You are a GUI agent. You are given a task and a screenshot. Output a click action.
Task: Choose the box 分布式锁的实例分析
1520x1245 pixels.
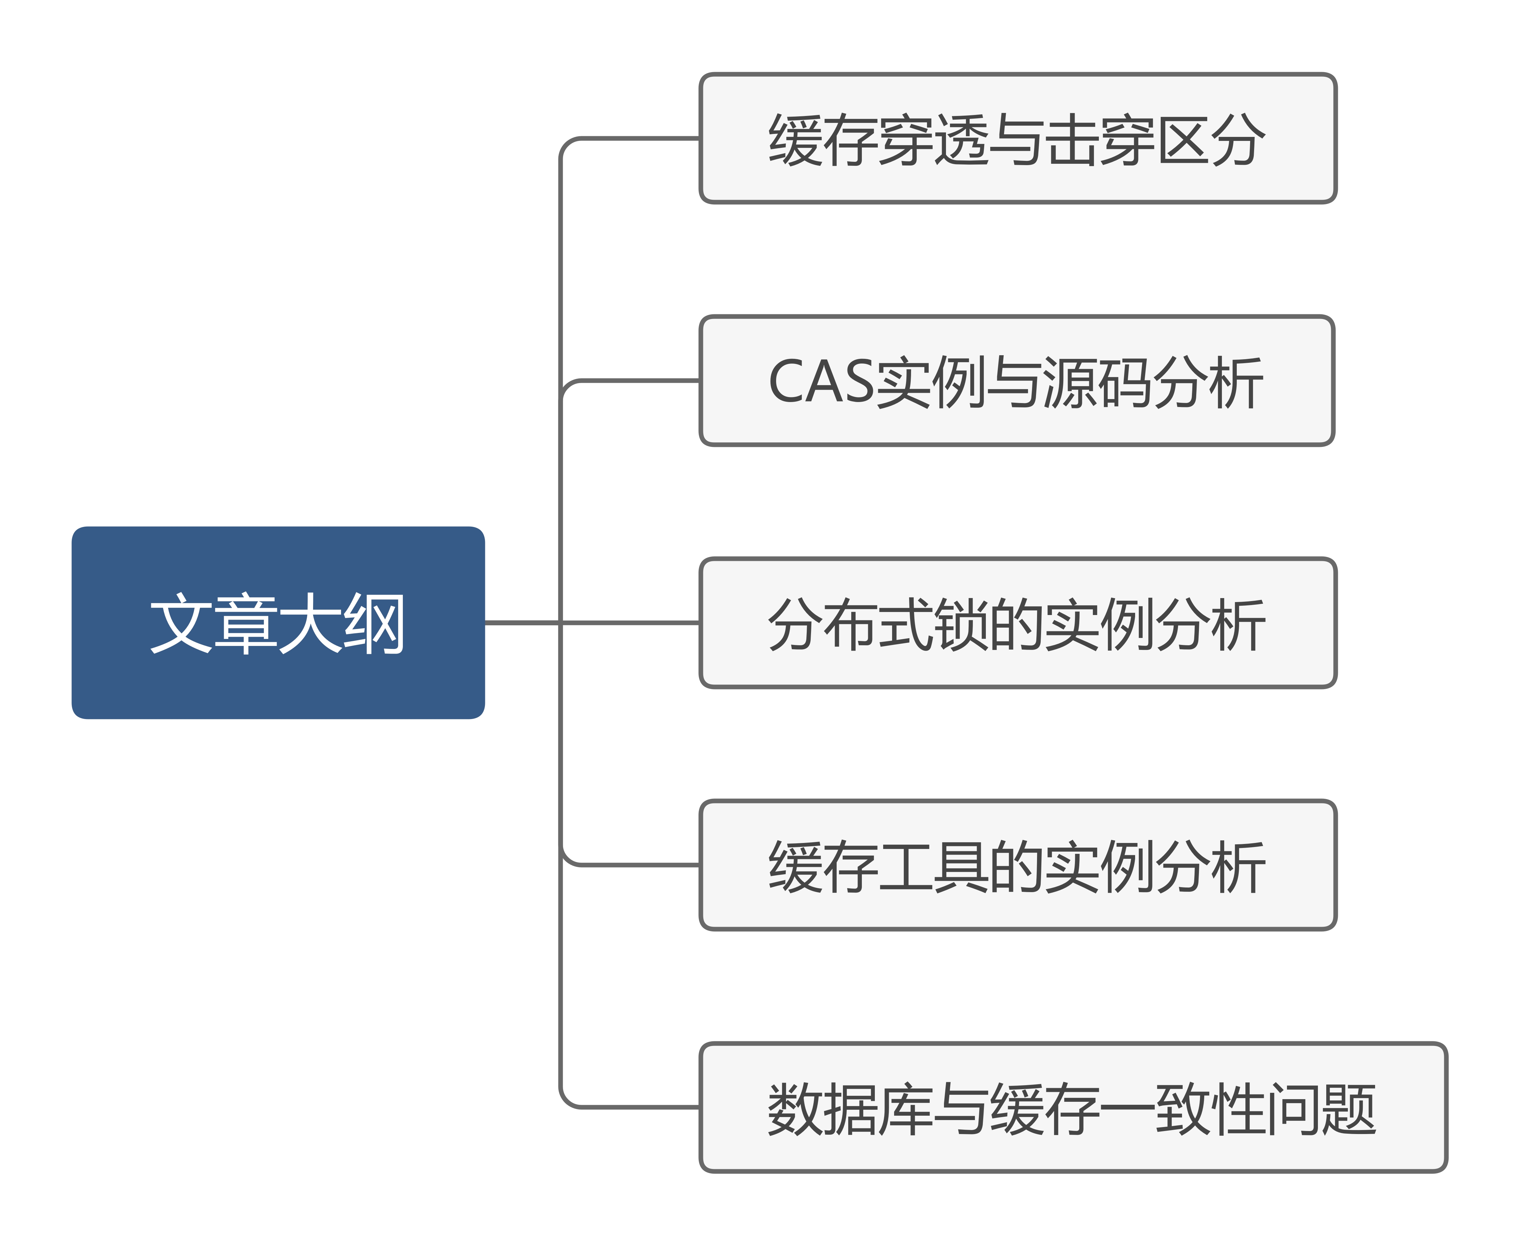[1017, 623]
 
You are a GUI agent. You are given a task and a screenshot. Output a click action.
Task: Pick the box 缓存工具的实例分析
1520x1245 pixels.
[1017, 865]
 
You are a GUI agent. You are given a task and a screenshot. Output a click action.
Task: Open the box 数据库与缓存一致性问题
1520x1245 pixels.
[1072, 1107]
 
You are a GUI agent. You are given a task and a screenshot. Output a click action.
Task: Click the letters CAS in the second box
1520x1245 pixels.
[821, 381]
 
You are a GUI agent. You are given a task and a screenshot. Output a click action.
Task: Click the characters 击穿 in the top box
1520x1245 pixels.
[1100, 140]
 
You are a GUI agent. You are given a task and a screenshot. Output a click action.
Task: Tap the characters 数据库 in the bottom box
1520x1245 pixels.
[850, 1109]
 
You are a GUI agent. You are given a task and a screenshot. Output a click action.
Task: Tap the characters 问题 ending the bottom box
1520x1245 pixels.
[1320, 1109]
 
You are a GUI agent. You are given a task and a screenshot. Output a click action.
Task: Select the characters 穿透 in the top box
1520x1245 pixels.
[934, 140]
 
